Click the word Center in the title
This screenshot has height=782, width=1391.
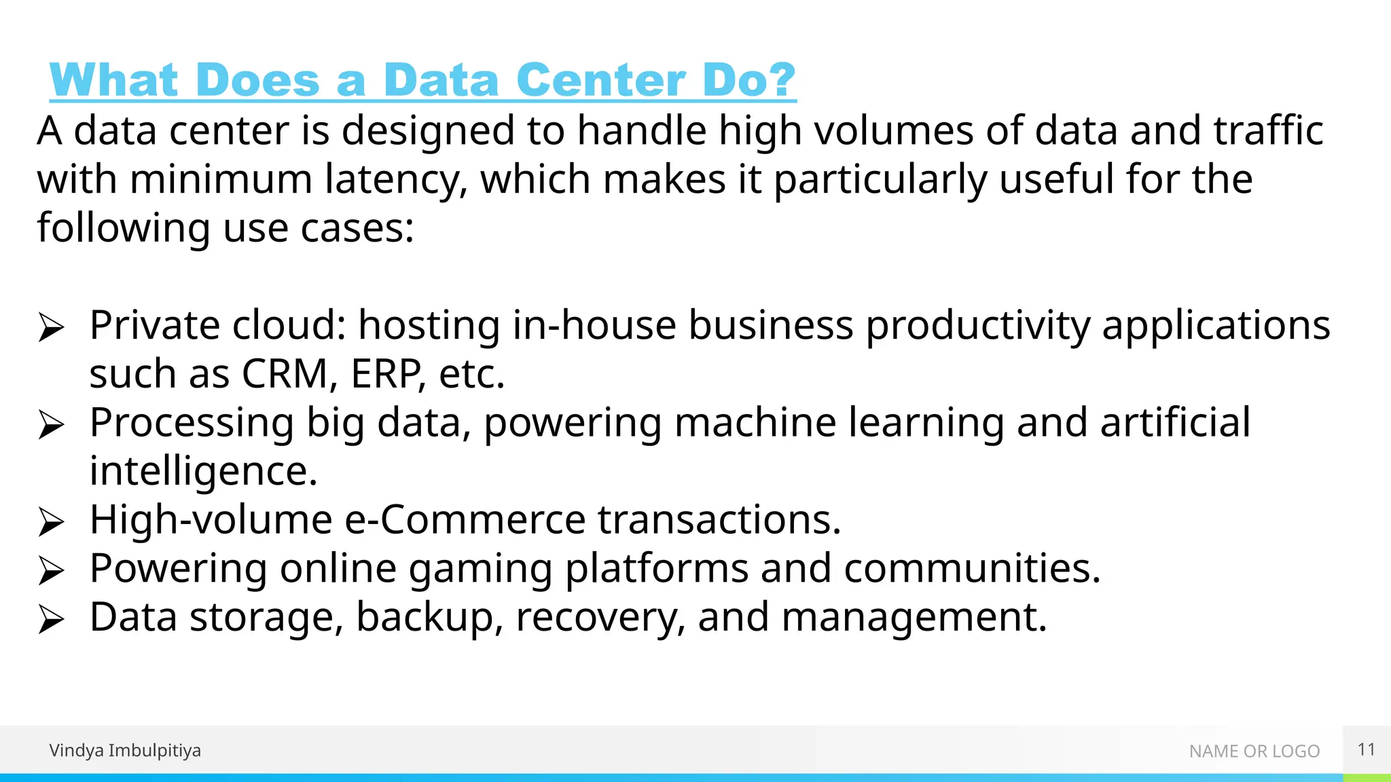click(x=600, y=80)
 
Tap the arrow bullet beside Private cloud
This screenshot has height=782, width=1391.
click(x=51, y=328)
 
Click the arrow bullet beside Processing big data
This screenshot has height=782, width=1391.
click(x=51, y=426)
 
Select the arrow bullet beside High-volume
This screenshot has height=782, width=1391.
click(x=51, y=523)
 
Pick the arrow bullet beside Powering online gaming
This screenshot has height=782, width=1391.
click(x=51, y=571)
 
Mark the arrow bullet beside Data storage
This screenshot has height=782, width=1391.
click(x=51, y=620)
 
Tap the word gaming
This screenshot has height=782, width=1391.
click(x=480, y=570)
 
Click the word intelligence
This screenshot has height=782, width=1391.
click(x=203, y=472)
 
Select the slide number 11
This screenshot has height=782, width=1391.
click(x=1367, y=749)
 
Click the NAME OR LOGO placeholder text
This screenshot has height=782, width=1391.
click(x=1254, y=751)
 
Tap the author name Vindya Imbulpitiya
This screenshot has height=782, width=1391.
click(x=125, y=750)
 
